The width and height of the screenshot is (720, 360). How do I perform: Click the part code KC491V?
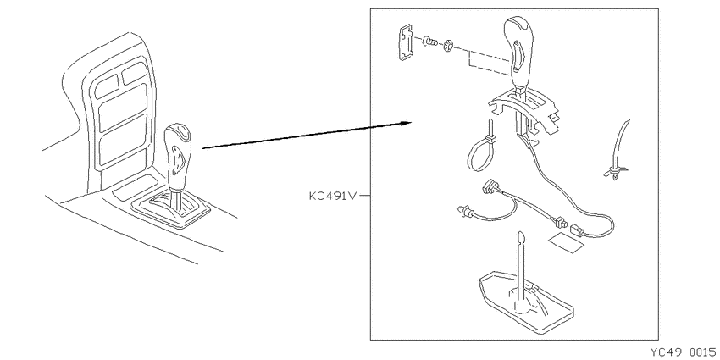(x=333, y=196)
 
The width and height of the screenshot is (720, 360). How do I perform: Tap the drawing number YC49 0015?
(x=684, y=352)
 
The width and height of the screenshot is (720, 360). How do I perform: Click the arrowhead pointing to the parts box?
(x=406, y=123)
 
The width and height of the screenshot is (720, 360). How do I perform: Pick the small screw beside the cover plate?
(x=429, y=42)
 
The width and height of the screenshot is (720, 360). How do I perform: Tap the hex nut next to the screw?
(x=448, y=46)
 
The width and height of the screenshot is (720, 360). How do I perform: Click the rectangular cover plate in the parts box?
(x=404, y=42)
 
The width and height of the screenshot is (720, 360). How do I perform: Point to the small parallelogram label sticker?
(x=566, y=241)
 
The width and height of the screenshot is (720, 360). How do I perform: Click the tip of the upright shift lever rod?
(x=520, y=232)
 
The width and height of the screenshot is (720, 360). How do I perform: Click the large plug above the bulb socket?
(x=490, y=189)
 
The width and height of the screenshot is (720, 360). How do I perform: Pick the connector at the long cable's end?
(x=577, y=230)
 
